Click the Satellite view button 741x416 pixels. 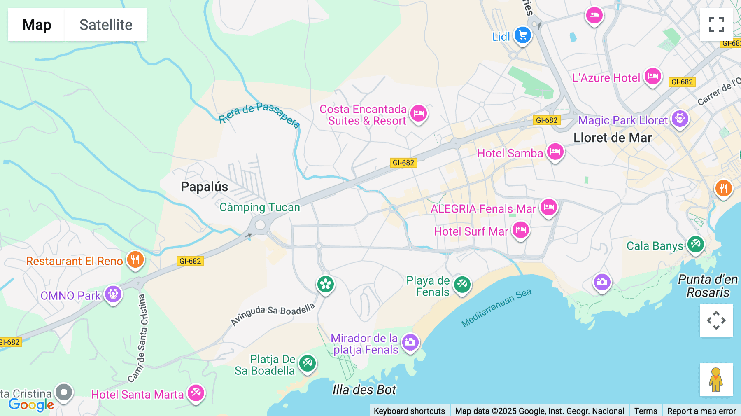pos(106,25)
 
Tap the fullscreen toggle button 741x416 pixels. pos(716,25)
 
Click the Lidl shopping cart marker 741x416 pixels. pos(523,35)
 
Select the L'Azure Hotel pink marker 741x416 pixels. pos(652,77)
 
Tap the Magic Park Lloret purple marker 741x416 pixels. pos(680,119)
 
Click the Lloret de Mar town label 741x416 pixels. pos(612,138)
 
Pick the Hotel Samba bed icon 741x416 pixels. pos(555,152)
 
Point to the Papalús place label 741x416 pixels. pos(204,187)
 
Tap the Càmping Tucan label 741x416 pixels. pos(259,207)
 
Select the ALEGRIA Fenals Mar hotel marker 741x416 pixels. pos(549,208)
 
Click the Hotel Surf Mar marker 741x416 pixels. pos(520,230)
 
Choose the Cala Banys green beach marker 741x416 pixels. pos(696,245)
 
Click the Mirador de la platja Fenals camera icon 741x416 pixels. pos(410,342)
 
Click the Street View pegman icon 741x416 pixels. pos(716,379)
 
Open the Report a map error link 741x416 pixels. pos(701,411)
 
